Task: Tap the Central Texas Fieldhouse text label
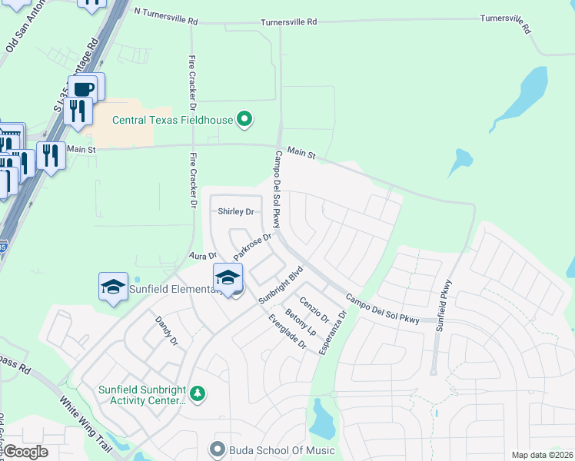coord(173,120)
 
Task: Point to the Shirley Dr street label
coord(235,211)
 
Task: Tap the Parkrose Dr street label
coord(253,246)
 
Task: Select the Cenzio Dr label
coord(314,310)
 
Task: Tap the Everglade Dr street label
coord(287,333)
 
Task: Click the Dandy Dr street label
coord(167,330)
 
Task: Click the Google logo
coord(26,451)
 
